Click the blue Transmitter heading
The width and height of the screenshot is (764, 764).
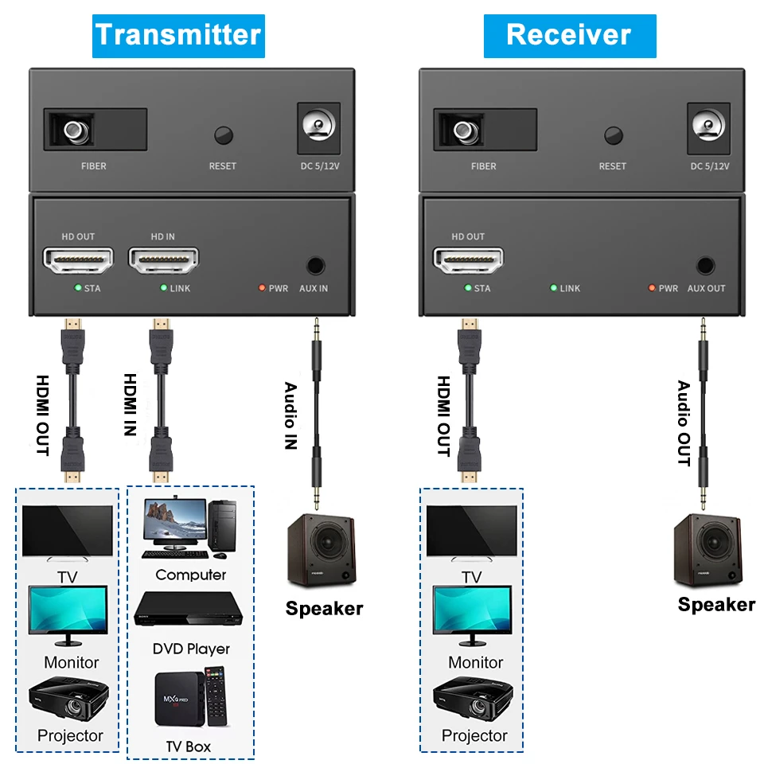coord(177,35)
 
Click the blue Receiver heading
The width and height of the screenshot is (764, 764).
coord(569,35)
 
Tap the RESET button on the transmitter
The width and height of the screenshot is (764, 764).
coord(224,134)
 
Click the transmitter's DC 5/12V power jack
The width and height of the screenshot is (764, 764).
coord(318,127)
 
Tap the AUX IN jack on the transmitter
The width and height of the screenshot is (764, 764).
coord(315,266)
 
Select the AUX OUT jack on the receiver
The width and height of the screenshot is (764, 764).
coord(705,266)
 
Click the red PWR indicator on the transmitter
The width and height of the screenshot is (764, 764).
coord(261,288)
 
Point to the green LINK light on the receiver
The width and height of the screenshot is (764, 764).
coord(554,288)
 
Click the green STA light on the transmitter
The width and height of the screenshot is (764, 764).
coord(77,288)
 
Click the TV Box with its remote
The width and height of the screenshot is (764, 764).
coord(189,697)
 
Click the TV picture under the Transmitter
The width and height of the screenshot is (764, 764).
coord(68,533)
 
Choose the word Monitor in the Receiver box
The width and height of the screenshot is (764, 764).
coord(475,662)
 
